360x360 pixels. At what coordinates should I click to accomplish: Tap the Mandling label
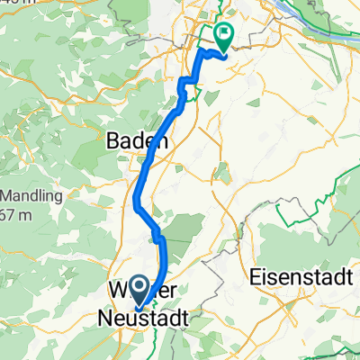pyautogui.click(x=28, y=195)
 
